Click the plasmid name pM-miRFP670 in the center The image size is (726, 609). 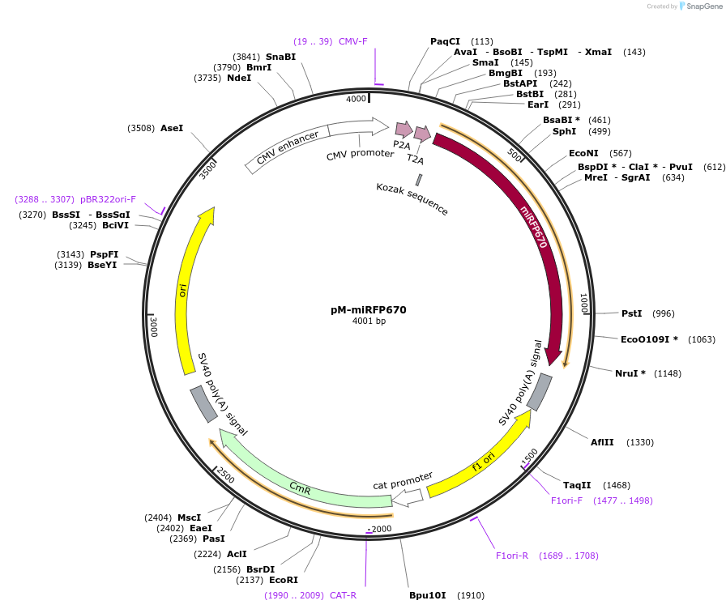(x=369, y=309)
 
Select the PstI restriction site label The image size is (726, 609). (x=631, y=313)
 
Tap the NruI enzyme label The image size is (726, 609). (x=630, y=373)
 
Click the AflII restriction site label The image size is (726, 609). (x=602, y=442)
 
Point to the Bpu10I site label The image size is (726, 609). (x=427, y=595)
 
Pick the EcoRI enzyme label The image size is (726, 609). (x=284, y=580)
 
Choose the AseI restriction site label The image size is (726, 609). (x=172, y=128)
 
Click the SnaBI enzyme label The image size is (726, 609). (x=280, y=57)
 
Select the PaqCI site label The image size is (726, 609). (x=445, y=41)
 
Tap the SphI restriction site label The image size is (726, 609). (x=565, y=131)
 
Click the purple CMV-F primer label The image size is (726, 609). (x=352, y=41)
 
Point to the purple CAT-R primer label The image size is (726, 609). (x=343, y=595)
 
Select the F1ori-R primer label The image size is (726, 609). (x=512, y=556)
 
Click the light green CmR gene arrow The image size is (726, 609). (x=300, y=486)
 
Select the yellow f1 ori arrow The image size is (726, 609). (x=484, y=462)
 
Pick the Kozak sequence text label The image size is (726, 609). (x=412, y=198)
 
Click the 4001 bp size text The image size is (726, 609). (x=369, y=322)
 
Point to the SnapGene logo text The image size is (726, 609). (x=702, y=6)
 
